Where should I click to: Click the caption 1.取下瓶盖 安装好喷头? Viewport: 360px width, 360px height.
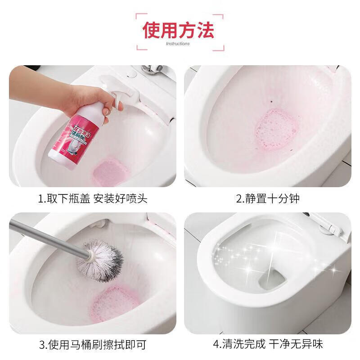[x=93, y=198]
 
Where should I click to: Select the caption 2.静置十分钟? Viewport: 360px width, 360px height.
[x=268, y=198]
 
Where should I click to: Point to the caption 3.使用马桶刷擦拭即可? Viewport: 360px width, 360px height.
[x=93, y=345]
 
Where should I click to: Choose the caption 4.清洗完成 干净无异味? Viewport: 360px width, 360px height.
[x=268, y=345]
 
